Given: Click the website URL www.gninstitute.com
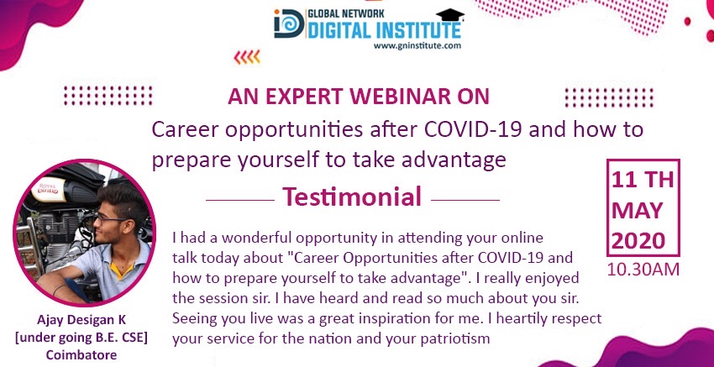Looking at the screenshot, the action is tap(417, 45).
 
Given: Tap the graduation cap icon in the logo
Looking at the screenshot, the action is tap(450, 15).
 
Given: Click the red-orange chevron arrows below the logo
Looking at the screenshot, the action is tap(247, 57).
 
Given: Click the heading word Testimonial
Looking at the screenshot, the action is tap(352, 197).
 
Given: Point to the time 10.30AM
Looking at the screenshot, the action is tap(643, 270).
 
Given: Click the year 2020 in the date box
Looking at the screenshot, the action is tap(643, 240).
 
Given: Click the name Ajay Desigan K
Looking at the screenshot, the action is tap(81, 320).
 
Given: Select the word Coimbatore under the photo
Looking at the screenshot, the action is tap(81, 354).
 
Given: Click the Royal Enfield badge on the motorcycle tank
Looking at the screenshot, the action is tap(48, 190).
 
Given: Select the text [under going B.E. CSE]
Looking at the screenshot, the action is tap(81, 338).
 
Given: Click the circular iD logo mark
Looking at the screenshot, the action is tap(289, 24).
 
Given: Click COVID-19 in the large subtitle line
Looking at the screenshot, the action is tap(473, 130).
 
